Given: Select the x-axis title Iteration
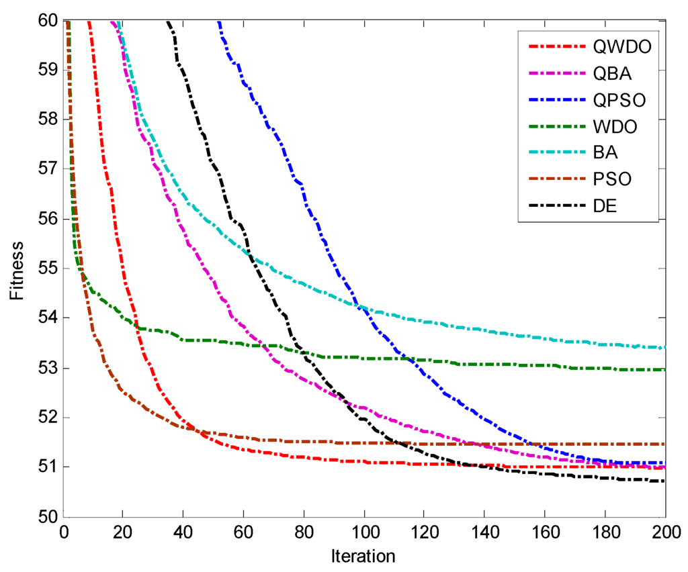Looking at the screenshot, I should pyautogui.click(x=363, y=556).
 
